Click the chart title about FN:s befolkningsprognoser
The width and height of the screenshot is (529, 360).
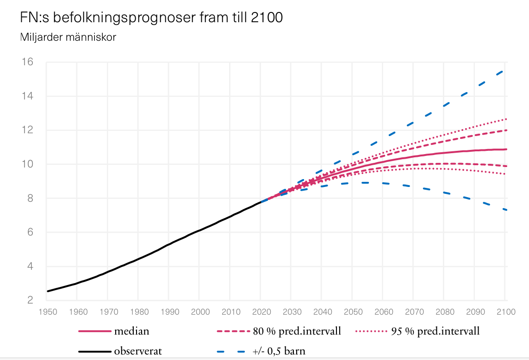click(151, 18)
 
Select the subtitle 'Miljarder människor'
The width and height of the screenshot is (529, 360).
click(68, 37)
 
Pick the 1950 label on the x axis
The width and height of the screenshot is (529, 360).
click(48, 312)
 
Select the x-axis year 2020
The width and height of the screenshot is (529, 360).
click(261, 312)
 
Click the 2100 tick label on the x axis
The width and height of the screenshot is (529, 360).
click(505, 312)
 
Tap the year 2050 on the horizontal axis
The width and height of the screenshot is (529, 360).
click(353, 312)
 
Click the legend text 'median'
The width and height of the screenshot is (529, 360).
click(131, 331)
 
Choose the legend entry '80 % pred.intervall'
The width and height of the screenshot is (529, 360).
click(297, 331)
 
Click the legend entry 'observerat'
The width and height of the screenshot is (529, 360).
click(138, 351)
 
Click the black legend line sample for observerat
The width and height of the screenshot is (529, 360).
click(95, 351)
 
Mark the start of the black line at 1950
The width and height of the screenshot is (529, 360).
click(48, 291)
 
